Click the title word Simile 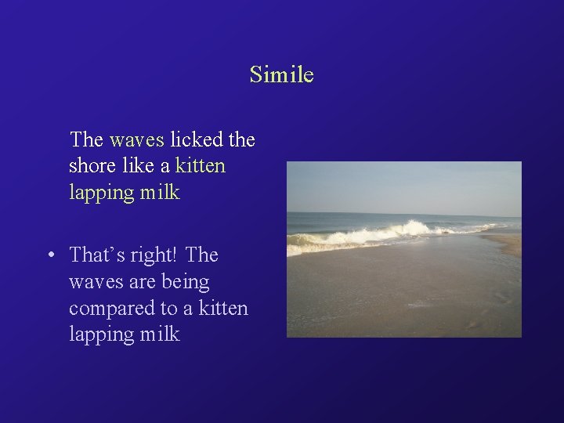(x=281, y=74)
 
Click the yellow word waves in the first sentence (x=136, y=141)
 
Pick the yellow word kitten (x=201, y=166)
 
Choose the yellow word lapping (x=101, y=193)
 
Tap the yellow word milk (x=161, y=192)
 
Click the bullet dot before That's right (x=49, y=255)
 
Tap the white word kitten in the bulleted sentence (x=223, y=308)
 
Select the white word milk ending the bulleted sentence (x=161, y=334)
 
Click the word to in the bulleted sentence (x=169, y=309)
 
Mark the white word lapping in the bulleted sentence (x=101, y=335)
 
